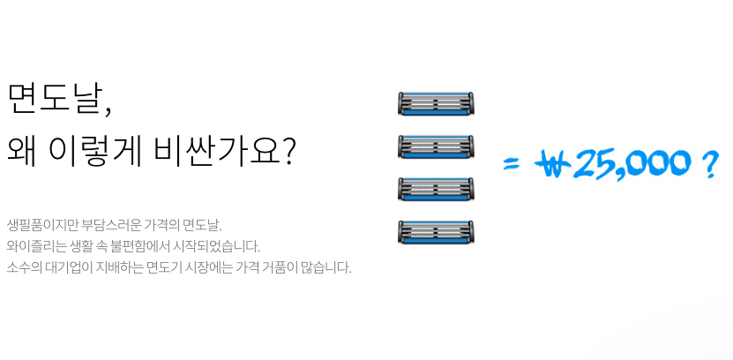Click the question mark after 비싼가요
pyautogui.click(x=287, y=151)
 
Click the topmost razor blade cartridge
pyautogui.click(x=436, y=103)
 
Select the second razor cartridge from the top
pyautogui.click(x=436, y=146)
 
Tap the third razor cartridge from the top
pyautogui.click(x=436, y=189)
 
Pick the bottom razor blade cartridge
pyautogui.click(x=436, y=232)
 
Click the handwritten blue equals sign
pyautogui.click(x=512, y=163)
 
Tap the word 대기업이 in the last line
pyautogui.click(x=66, y=267)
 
